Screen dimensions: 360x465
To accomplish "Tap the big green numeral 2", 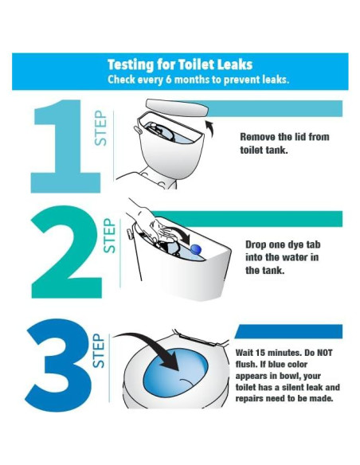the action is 67,252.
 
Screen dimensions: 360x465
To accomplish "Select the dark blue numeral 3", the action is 59,365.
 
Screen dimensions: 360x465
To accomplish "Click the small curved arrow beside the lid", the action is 209,128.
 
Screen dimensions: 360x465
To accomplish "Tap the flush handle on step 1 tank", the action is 137,130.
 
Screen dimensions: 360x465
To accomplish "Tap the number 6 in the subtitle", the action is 168,80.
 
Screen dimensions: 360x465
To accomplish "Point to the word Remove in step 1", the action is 257,137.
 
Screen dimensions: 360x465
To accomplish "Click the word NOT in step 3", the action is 325,353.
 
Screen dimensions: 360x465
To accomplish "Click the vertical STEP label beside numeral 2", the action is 109,236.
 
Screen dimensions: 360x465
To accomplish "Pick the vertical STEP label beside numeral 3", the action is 99,351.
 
